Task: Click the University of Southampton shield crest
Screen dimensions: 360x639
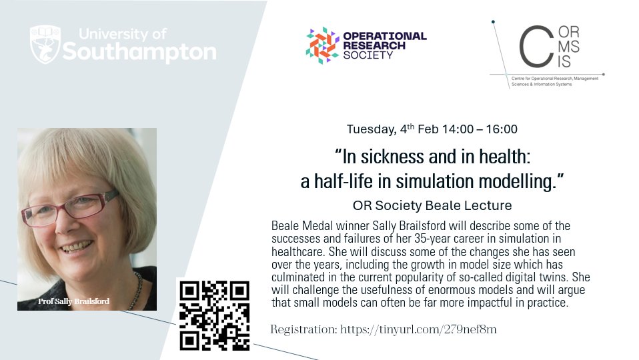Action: coord(45,45)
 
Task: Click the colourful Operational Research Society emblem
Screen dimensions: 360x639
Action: coord(322,45)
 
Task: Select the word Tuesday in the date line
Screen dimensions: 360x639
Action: coord(369,129)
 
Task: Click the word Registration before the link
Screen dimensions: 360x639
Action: coord(303,329)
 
